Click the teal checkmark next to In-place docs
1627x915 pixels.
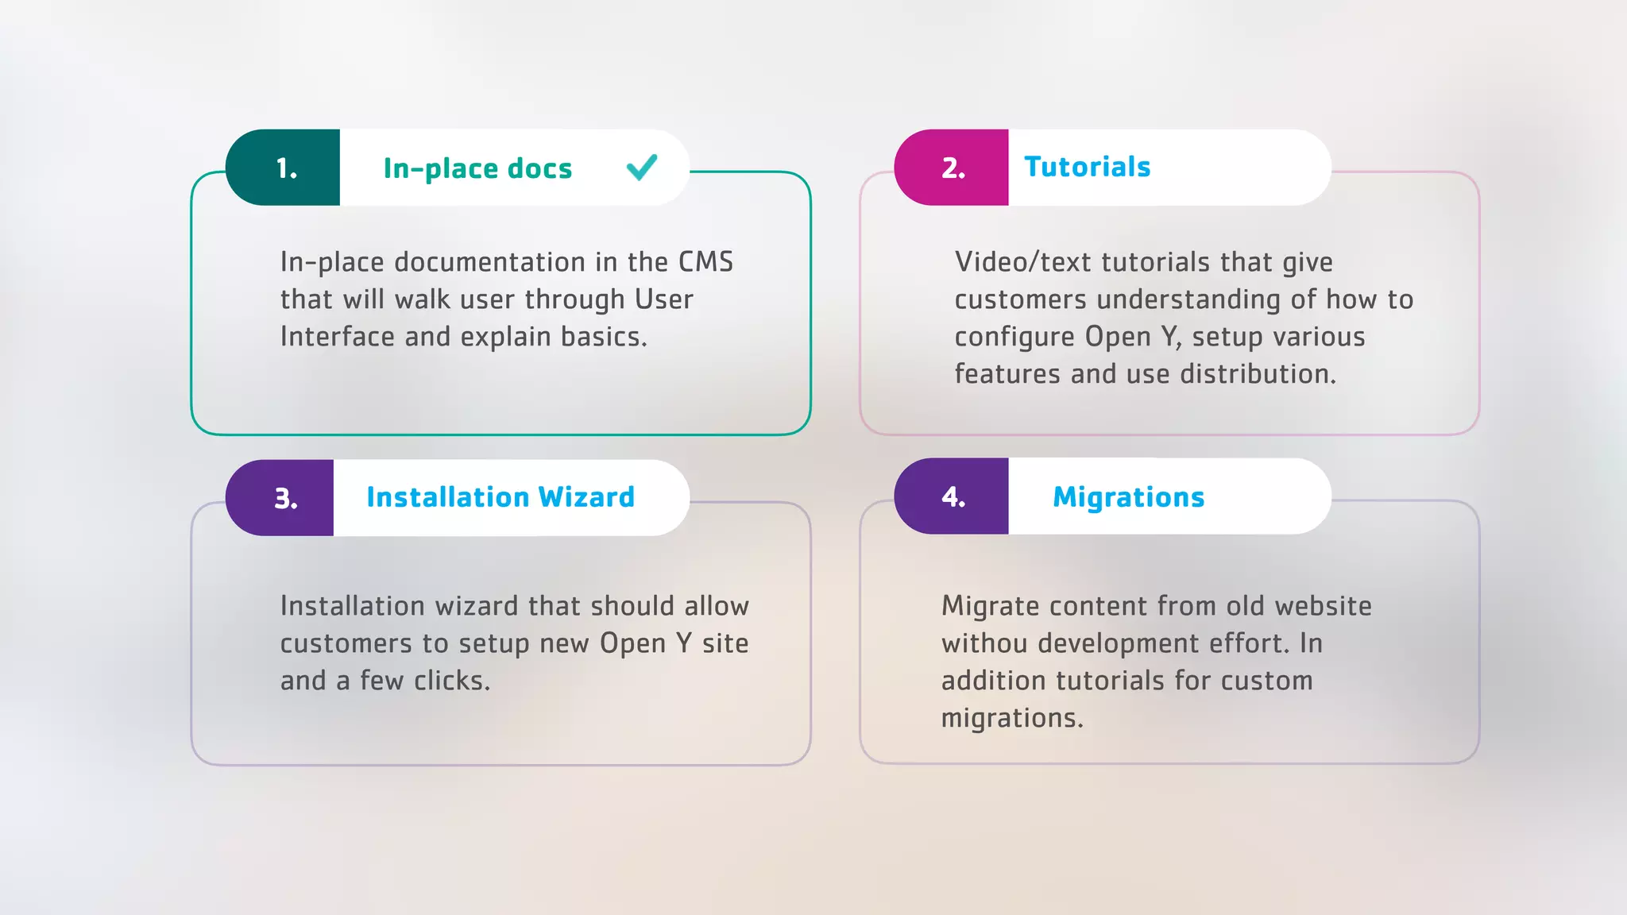pos(641,167)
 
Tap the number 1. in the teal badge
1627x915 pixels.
pos(286,168)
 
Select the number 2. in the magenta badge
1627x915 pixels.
pos(953,168)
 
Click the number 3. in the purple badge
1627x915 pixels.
pos(285,499)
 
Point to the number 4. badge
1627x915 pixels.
pos(953,497)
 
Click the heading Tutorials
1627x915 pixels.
pos(1087,167)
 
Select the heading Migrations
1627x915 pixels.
pos(1128,497)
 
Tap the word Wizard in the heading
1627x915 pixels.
pos(585,497)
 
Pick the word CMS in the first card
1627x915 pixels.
pos(705,262)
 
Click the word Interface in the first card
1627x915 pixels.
pos(337,337)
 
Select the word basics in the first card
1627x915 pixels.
pos(603,337)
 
